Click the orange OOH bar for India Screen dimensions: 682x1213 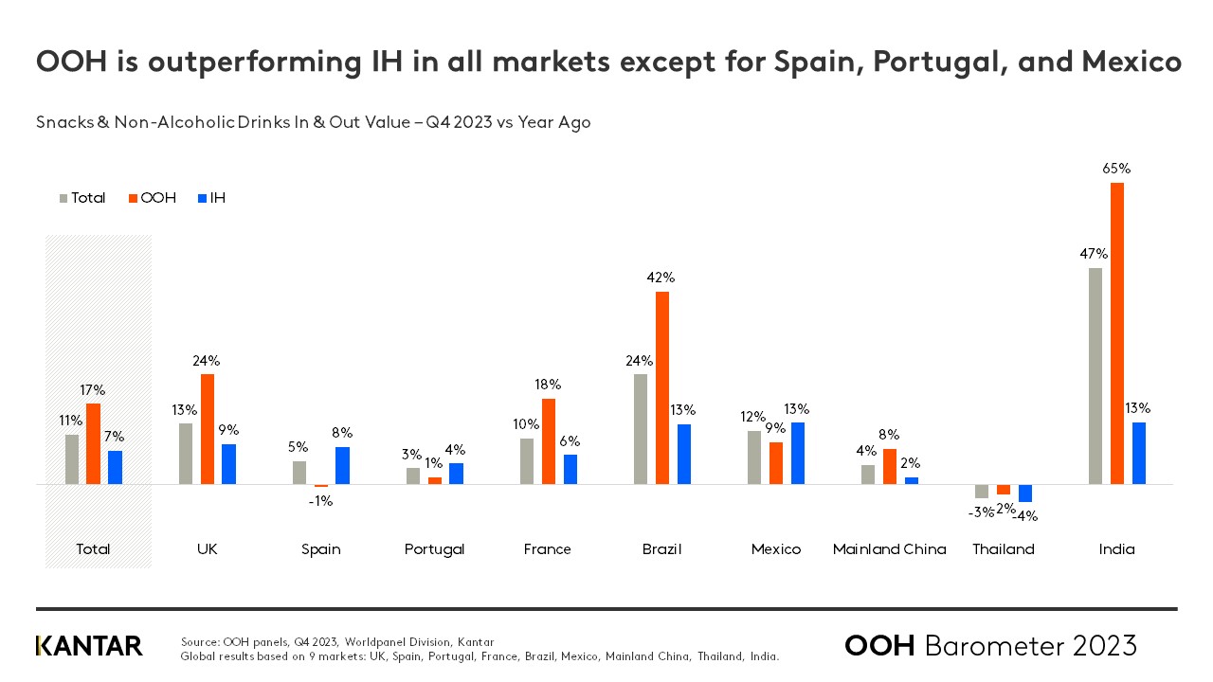coord(1117,333)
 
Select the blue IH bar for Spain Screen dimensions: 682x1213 coord(343,465)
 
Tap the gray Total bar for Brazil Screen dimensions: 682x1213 coord(641,429)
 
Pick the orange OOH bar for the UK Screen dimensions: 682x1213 coord(208,429)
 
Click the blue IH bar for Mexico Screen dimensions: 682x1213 coord(798,453)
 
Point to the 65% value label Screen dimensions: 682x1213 coord(1117,169)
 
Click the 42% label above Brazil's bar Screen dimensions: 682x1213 coord(661,278)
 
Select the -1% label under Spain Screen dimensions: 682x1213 coord(320,501)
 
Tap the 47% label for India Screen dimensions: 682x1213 coord(1095,254)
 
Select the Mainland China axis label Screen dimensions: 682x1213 coord(889,549)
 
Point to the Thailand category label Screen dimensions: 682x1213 coord(1004,549)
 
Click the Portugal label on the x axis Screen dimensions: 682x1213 coord(434,549)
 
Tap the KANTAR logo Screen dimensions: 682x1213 coord(89,646)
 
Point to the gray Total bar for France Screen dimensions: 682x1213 coord(527,461)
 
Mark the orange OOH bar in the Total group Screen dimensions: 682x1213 coord(93,444)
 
